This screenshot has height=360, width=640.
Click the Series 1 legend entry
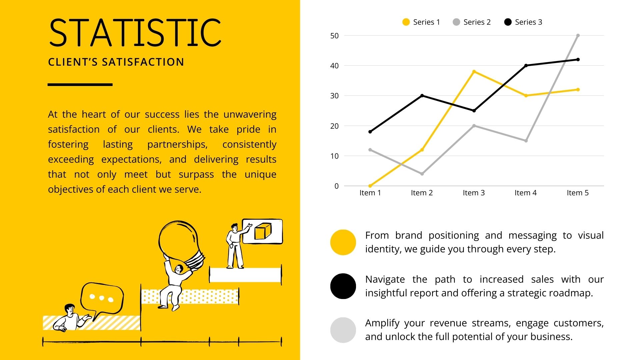(421, 22)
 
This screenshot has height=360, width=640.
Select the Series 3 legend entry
(523, 22)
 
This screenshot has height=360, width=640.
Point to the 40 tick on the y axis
(334, 66)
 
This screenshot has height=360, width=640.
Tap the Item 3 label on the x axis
(474, 193)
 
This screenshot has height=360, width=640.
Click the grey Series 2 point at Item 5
(578, 35)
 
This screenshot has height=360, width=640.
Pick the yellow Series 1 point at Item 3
(474, 72)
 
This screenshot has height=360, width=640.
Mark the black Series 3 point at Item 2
(422, 96)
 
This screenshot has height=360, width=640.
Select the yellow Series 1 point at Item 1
(370, 186)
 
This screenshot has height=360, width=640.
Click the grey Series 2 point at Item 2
(422, 174)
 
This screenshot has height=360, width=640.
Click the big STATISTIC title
(135, 32)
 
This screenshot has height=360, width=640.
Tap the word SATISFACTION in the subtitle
(143, 62)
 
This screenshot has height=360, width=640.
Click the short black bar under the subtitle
(80, 85)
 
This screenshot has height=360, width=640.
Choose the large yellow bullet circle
(343, 242)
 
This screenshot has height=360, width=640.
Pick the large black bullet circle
(343, 286)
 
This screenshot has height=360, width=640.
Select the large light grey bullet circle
(343, 330)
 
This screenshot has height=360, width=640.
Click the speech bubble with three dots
(102, 298)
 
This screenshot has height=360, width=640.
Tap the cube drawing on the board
(263, 231)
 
